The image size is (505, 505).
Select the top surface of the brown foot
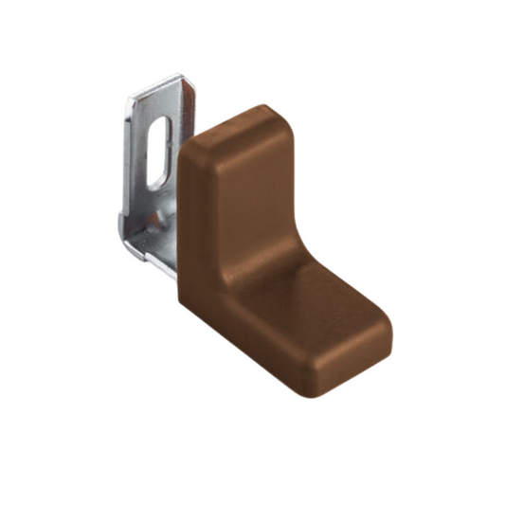click(x=322, y=294)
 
